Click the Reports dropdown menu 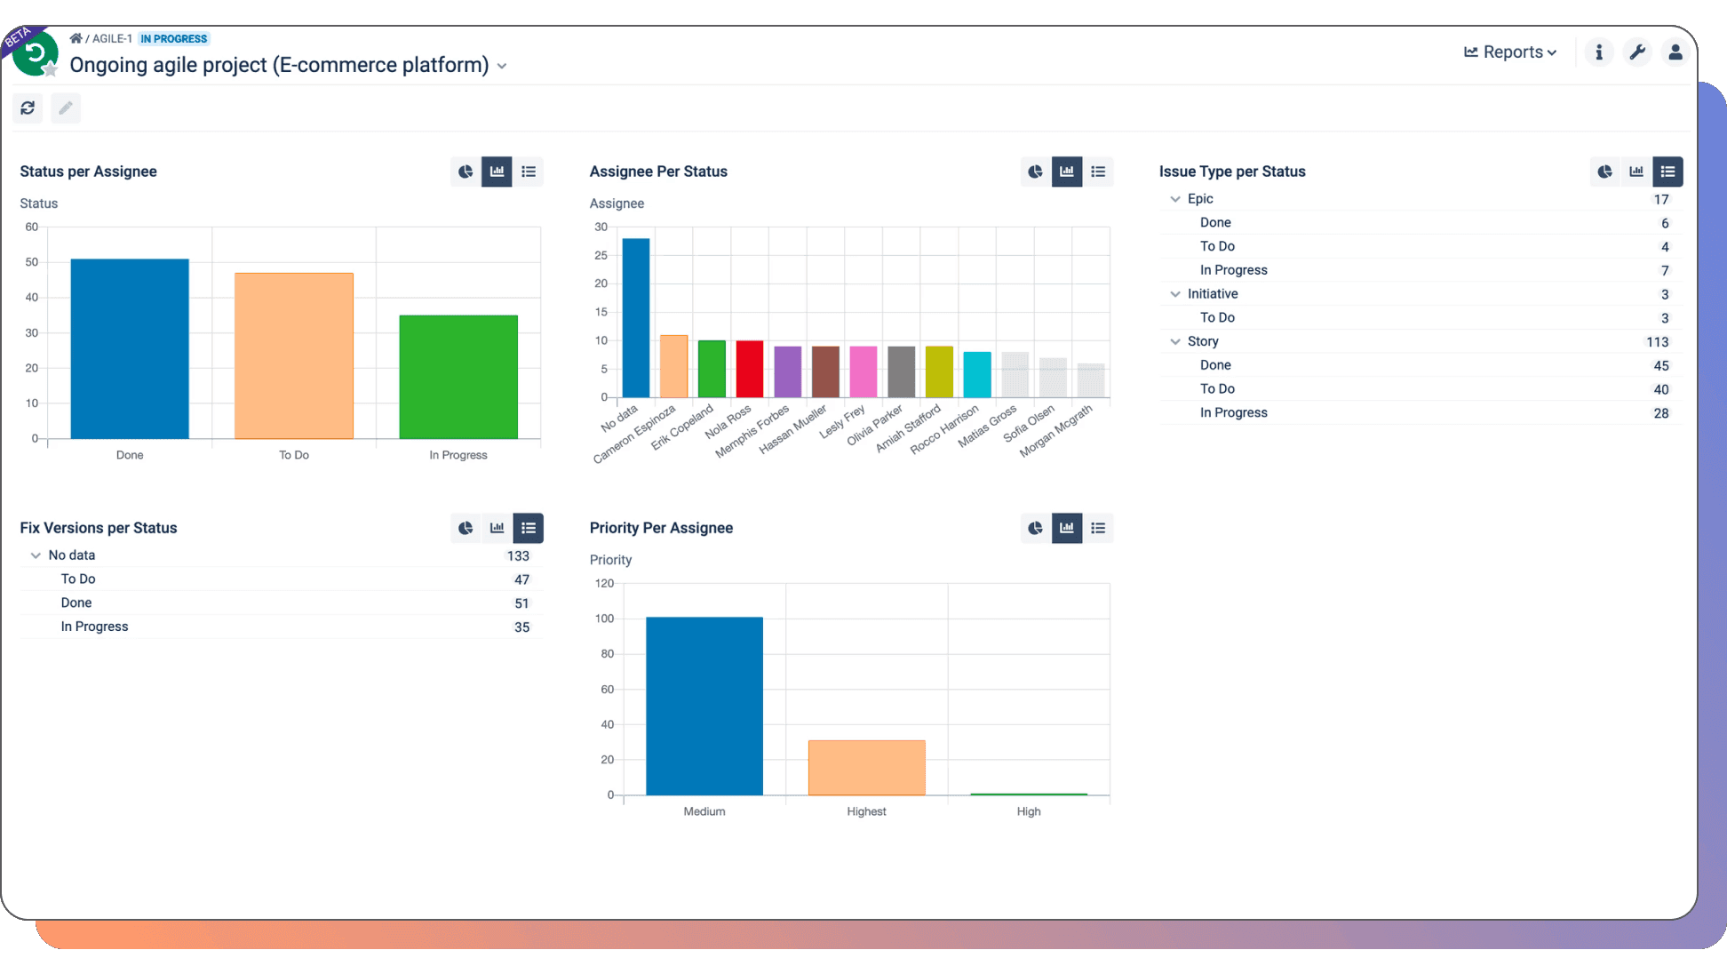[x=1510, y=52]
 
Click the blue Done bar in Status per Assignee [x=130, y=348]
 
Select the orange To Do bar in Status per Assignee [x=294, y=355]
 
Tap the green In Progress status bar [x=458, y=377]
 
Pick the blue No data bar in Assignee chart [x=636, y=317]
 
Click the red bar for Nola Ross [x=750, y=369]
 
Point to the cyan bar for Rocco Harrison [x=977, y=374]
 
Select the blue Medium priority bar [x=704, y=706]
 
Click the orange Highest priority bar [x=866, y=768]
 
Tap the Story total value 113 [x=1657, y=342]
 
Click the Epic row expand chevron [x=1175, y=199]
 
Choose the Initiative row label [x=1213, y=294]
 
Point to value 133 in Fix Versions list [x=518, y=556]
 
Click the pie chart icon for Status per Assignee [x=466, y=172]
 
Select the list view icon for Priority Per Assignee [x=1098, y=528]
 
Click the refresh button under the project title [x=28, y=108]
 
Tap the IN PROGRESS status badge [x=174, y=39]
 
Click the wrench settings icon [x=1637, y=52]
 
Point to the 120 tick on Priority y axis [x=604, y=583]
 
